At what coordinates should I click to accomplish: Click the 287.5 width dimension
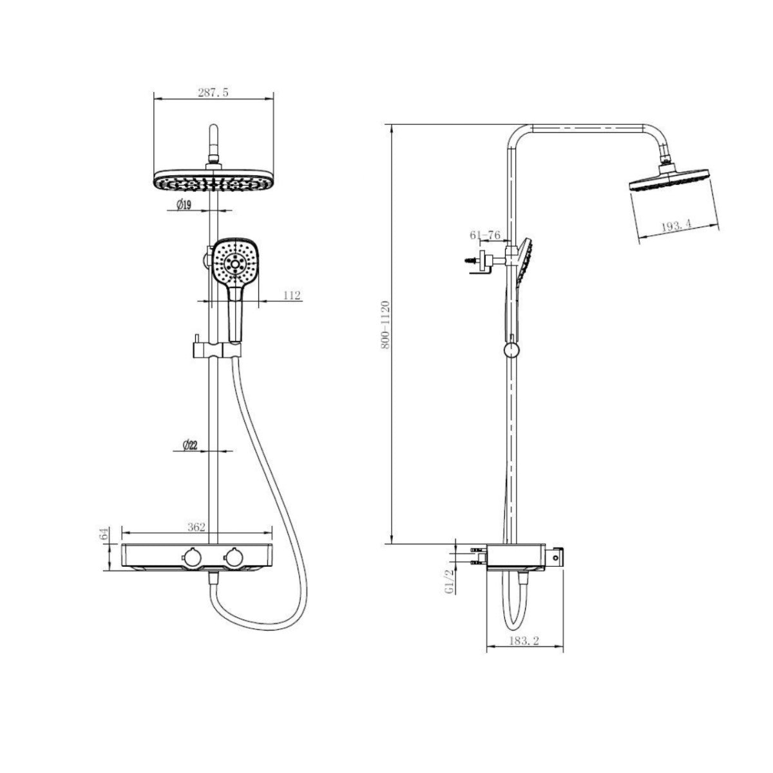[x=213, y=92]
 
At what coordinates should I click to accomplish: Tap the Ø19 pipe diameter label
[x=184, y=205]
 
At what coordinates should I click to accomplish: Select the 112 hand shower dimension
[x=292, y=295]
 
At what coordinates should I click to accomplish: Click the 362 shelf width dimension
[x=196, y=527]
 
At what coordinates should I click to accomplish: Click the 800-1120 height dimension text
[x=385, y=324]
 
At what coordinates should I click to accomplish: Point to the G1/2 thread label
[x=450, y=580]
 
